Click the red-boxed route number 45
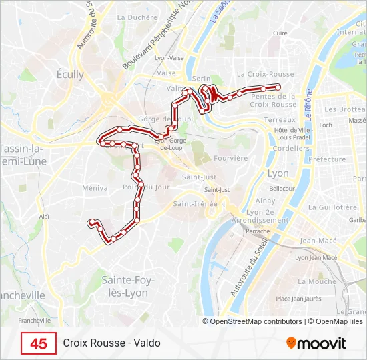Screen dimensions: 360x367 (x=39, y=343)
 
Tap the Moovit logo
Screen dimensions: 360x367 (x=316, y=343)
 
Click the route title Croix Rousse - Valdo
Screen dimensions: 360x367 (x=112, y=343)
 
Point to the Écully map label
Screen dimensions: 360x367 (x=70, y=75)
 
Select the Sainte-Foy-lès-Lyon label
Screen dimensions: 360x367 (x=128, y=286)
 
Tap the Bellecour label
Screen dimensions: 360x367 (x=282, y=189)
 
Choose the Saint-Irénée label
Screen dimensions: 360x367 (x=196, y=203)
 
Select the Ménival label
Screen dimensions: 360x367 (x=95, y=188)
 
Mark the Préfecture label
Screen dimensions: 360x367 (x=327, y=159)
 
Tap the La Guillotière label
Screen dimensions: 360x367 (x=334, y=207)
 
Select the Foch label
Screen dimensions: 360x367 (x=326, y=125)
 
